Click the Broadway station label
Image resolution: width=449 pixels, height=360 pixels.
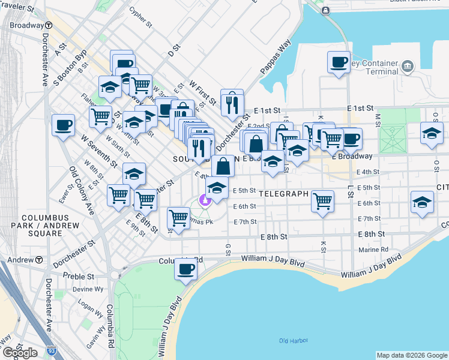point(26,26)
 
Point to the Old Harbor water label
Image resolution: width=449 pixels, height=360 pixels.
point(294,341)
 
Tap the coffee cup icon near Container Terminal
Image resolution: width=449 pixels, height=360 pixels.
point(339,62)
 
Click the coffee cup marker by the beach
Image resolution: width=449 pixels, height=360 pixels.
point(186,269)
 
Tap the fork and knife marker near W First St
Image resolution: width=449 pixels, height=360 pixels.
point(232,104)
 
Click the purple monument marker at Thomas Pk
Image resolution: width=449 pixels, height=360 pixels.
point(205,200)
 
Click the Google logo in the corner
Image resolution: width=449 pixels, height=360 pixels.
point(20,352)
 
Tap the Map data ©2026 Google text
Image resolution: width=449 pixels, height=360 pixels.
point(411,355)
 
